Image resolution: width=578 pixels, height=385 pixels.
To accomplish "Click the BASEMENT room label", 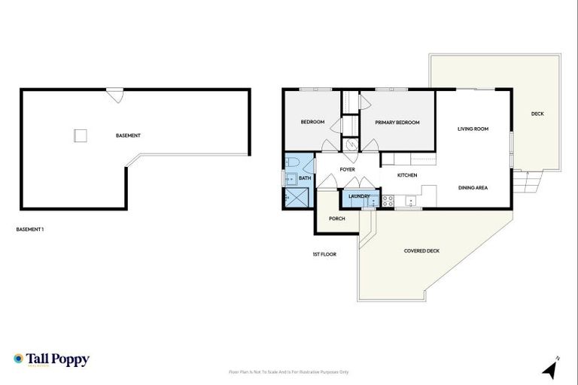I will (x=128, y=135).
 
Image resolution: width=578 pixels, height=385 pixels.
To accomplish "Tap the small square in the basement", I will (x=81, y=135).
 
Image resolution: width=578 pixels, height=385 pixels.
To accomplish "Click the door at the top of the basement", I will (x=114, y=95).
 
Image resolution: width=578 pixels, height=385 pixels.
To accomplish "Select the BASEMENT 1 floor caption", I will (x=30, y=229).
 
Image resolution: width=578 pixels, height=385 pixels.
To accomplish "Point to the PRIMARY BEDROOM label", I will (x=397, y=123).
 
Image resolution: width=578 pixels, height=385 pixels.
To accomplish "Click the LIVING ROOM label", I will (x=473, y=129).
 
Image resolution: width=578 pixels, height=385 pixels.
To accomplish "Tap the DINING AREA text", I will (x=473, y=187).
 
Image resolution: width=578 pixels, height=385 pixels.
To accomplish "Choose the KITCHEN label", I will (x=407, y=175).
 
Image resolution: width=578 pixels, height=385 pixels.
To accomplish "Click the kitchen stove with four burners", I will (x=388, y=201).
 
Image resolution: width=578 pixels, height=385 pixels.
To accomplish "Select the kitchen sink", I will (x=410, y=201).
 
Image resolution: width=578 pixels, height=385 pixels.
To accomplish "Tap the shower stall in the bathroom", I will (x=294, y=197).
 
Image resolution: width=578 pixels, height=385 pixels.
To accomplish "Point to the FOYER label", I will (x=347, y=169).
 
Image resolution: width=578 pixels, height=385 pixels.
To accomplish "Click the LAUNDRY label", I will (x=358, y=196).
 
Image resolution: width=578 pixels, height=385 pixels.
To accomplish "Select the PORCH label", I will (x=336, y=219).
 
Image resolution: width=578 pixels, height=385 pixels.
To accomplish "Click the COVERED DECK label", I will (x=421, y=251).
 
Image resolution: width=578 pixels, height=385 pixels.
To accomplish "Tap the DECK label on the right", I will (x=537, y=114).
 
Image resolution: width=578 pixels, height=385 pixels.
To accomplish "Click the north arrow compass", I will (x=551, y=368).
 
